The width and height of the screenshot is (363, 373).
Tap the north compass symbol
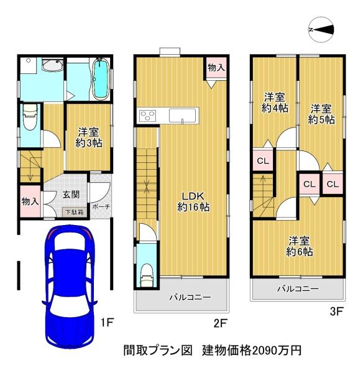[x=321, y=30]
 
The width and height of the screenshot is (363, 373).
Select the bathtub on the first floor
[x=101, y=79]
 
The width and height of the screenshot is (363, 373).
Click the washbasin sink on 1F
[x=52, y=65]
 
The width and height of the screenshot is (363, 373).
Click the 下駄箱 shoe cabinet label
[x=75, y=212]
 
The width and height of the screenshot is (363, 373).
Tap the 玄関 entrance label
[x=71, y=195]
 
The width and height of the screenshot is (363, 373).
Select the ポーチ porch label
[x=101, y=206]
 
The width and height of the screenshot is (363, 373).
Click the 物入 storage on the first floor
[x=30, y=201]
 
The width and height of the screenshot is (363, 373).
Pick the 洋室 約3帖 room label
[x=89, y=137]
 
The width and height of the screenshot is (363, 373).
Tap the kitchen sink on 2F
[x=183, y=116]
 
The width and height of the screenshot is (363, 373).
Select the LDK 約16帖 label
[x=193, y=201]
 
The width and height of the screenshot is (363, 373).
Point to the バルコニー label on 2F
[x=190, y=297]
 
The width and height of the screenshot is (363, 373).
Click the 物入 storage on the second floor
[x=216, y=68]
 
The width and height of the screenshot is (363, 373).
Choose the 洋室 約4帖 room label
[x=275, y=103]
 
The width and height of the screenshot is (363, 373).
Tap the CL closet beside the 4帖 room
[x=263, y=161]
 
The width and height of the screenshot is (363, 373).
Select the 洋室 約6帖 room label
[x=299, y=246]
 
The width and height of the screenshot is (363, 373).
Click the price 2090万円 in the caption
[x=277, y=351]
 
